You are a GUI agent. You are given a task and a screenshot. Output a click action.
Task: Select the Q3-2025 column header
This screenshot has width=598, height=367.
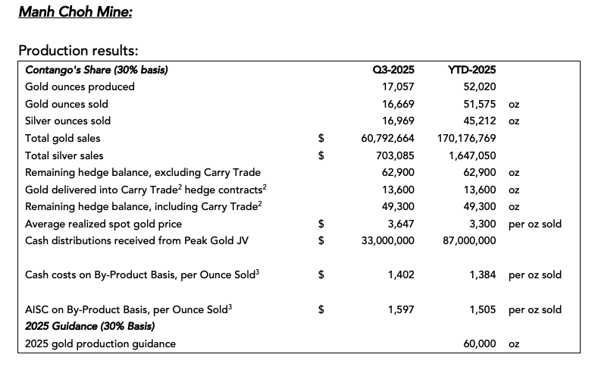tap(393, 70)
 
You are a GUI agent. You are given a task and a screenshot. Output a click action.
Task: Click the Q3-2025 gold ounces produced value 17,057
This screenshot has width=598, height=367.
tap(398, 86)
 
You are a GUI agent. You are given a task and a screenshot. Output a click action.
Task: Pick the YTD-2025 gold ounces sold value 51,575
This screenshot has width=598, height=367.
tap(480, 104)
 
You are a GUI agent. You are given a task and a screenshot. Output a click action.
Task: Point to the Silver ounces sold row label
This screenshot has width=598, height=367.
tap(67, 121)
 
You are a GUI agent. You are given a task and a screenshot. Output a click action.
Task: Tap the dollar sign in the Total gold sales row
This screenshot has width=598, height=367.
tap(321, 138)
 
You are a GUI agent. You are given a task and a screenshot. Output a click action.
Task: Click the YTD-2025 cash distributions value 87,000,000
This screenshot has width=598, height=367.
tap(469, 240)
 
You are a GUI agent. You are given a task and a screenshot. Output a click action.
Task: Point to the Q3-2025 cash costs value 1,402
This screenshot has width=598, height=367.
tap(401, 274)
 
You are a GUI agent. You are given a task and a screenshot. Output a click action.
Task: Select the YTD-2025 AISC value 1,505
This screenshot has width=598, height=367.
tap(483, 309)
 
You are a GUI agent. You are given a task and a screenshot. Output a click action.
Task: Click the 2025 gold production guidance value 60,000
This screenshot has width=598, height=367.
tap(480, 343)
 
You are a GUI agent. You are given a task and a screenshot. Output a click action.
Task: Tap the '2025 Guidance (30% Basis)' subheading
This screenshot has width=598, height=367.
tap(90, 326)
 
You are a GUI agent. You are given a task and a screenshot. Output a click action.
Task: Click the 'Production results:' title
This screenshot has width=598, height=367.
tap(77, 50)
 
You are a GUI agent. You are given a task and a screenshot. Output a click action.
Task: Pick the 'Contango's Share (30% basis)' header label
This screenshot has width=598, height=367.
tap(96, 70)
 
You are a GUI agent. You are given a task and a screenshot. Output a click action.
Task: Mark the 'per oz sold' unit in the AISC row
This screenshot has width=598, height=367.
tap(535, 309)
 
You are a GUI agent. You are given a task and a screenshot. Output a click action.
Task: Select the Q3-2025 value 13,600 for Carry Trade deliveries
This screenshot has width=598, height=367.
tap(398, 190)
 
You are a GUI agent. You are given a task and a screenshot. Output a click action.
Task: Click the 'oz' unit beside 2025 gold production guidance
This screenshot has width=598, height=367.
tap(514, 343)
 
